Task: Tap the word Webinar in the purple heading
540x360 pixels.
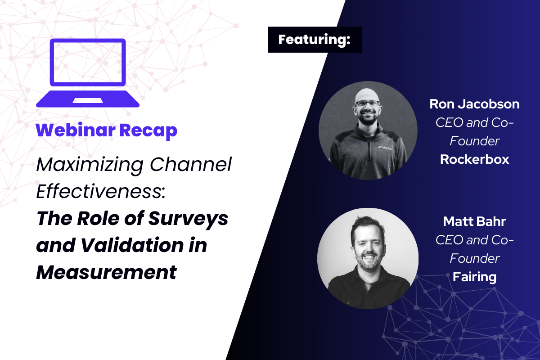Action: click(76, 130)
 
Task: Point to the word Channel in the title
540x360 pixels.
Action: click(191, 164)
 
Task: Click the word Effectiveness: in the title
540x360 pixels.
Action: click(101, 191)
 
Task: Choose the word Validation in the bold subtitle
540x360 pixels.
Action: click(132, 245)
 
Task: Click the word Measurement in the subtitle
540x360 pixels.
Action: click(106, 272)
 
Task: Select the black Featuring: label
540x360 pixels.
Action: click(315, 40)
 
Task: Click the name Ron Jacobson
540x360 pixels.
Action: click(474, 104)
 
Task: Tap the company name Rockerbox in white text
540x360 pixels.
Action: click(474, 159)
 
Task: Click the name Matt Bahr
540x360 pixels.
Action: click(474, 221)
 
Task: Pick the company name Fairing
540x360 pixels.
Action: click(474, 277)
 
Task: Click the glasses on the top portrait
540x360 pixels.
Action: click(367, 104)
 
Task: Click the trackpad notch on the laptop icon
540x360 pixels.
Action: click(88, 100)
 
